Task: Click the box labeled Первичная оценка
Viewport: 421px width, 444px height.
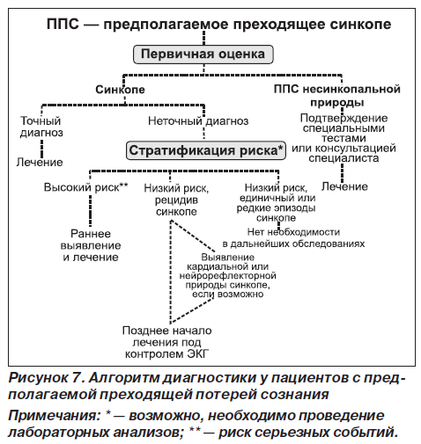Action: [x=203, y=55]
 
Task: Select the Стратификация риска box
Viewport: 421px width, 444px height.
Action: [x=206, y=150]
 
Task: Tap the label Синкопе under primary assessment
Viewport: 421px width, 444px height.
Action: [x=120, y=90]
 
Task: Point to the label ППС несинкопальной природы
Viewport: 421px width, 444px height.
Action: [x=337, y=96]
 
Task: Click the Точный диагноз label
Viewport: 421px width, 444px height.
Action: [x=41, y=127]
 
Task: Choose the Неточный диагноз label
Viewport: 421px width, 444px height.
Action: [x=198, y=120]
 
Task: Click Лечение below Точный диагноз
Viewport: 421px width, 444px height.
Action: [x=40, y=162]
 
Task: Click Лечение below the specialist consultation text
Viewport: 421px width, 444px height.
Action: [x=344, y=186]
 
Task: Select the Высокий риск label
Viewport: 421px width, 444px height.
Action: [x=86, y=187]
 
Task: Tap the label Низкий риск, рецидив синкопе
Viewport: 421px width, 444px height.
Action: [x=176, y=200]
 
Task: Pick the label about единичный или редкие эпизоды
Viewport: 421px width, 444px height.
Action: [x=276, y=202]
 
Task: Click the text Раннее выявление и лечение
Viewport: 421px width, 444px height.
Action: [x=91, y=245]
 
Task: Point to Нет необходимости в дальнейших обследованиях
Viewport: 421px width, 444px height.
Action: [x=293, y=237]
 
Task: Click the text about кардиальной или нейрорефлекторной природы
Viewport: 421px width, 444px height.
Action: [x=227, y=275]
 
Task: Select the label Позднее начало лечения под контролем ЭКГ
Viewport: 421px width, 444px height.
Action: [x=166, y=342]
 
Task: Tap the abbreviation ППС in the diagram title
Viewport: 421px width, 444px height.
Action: [x=63, y=24]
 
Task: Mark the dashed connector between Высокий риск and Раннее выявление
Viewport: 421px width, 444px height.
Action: [x=90, y=210]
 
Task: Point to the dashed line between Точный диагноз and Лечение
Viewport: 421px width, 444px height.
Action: [x=41, y=149]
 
